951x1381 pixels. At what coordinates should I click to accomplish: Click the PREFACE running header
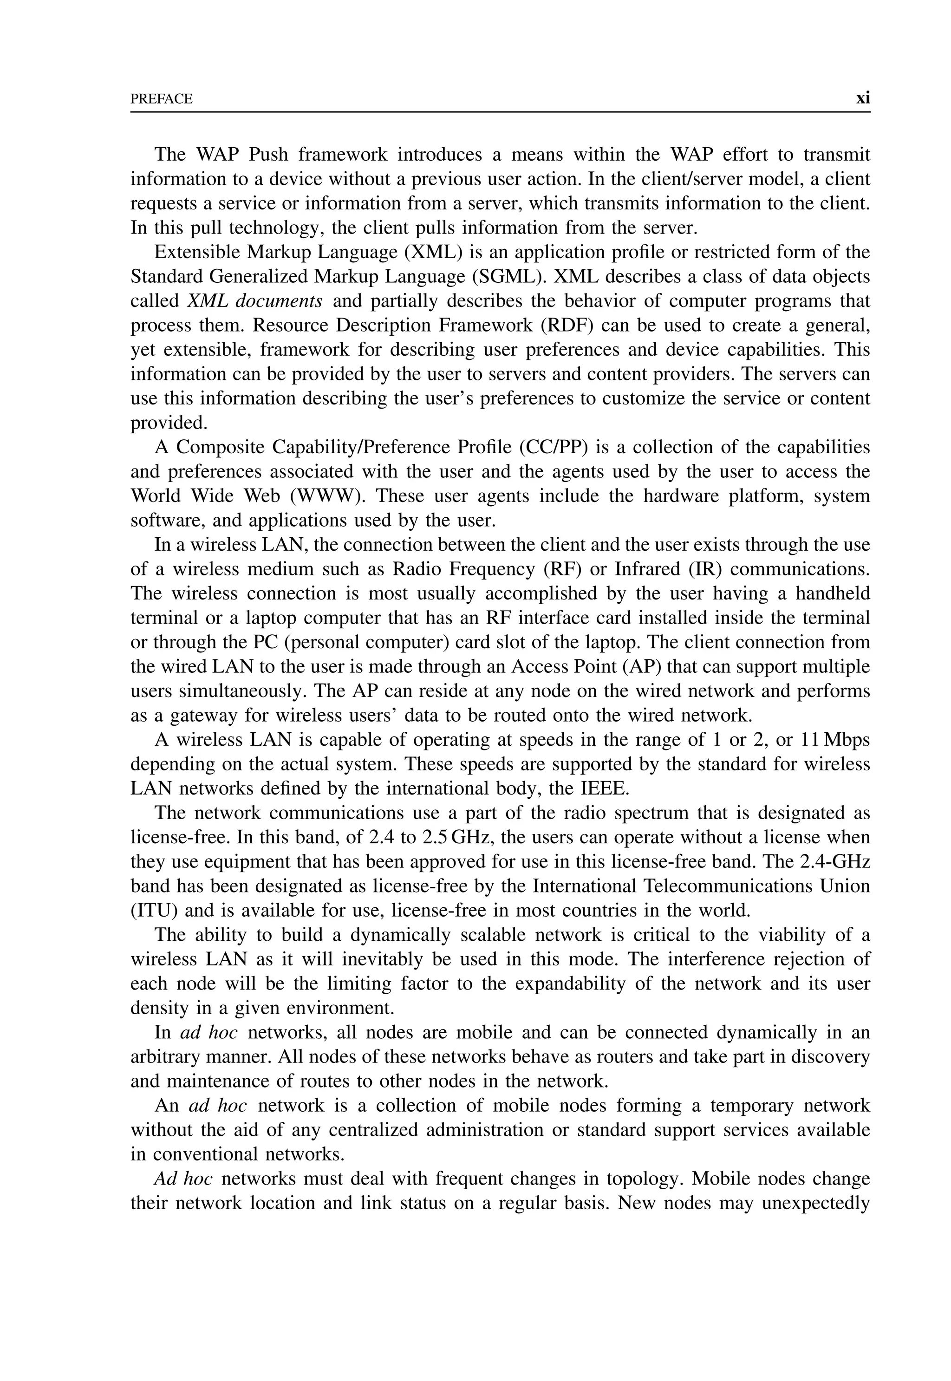(x=162, y=99)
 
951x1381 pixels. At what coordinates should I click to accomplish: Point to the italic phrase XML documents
(x=254, y=301)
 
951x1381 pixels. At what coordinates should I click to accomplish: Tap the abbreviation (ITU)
(x=153, y=911)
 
